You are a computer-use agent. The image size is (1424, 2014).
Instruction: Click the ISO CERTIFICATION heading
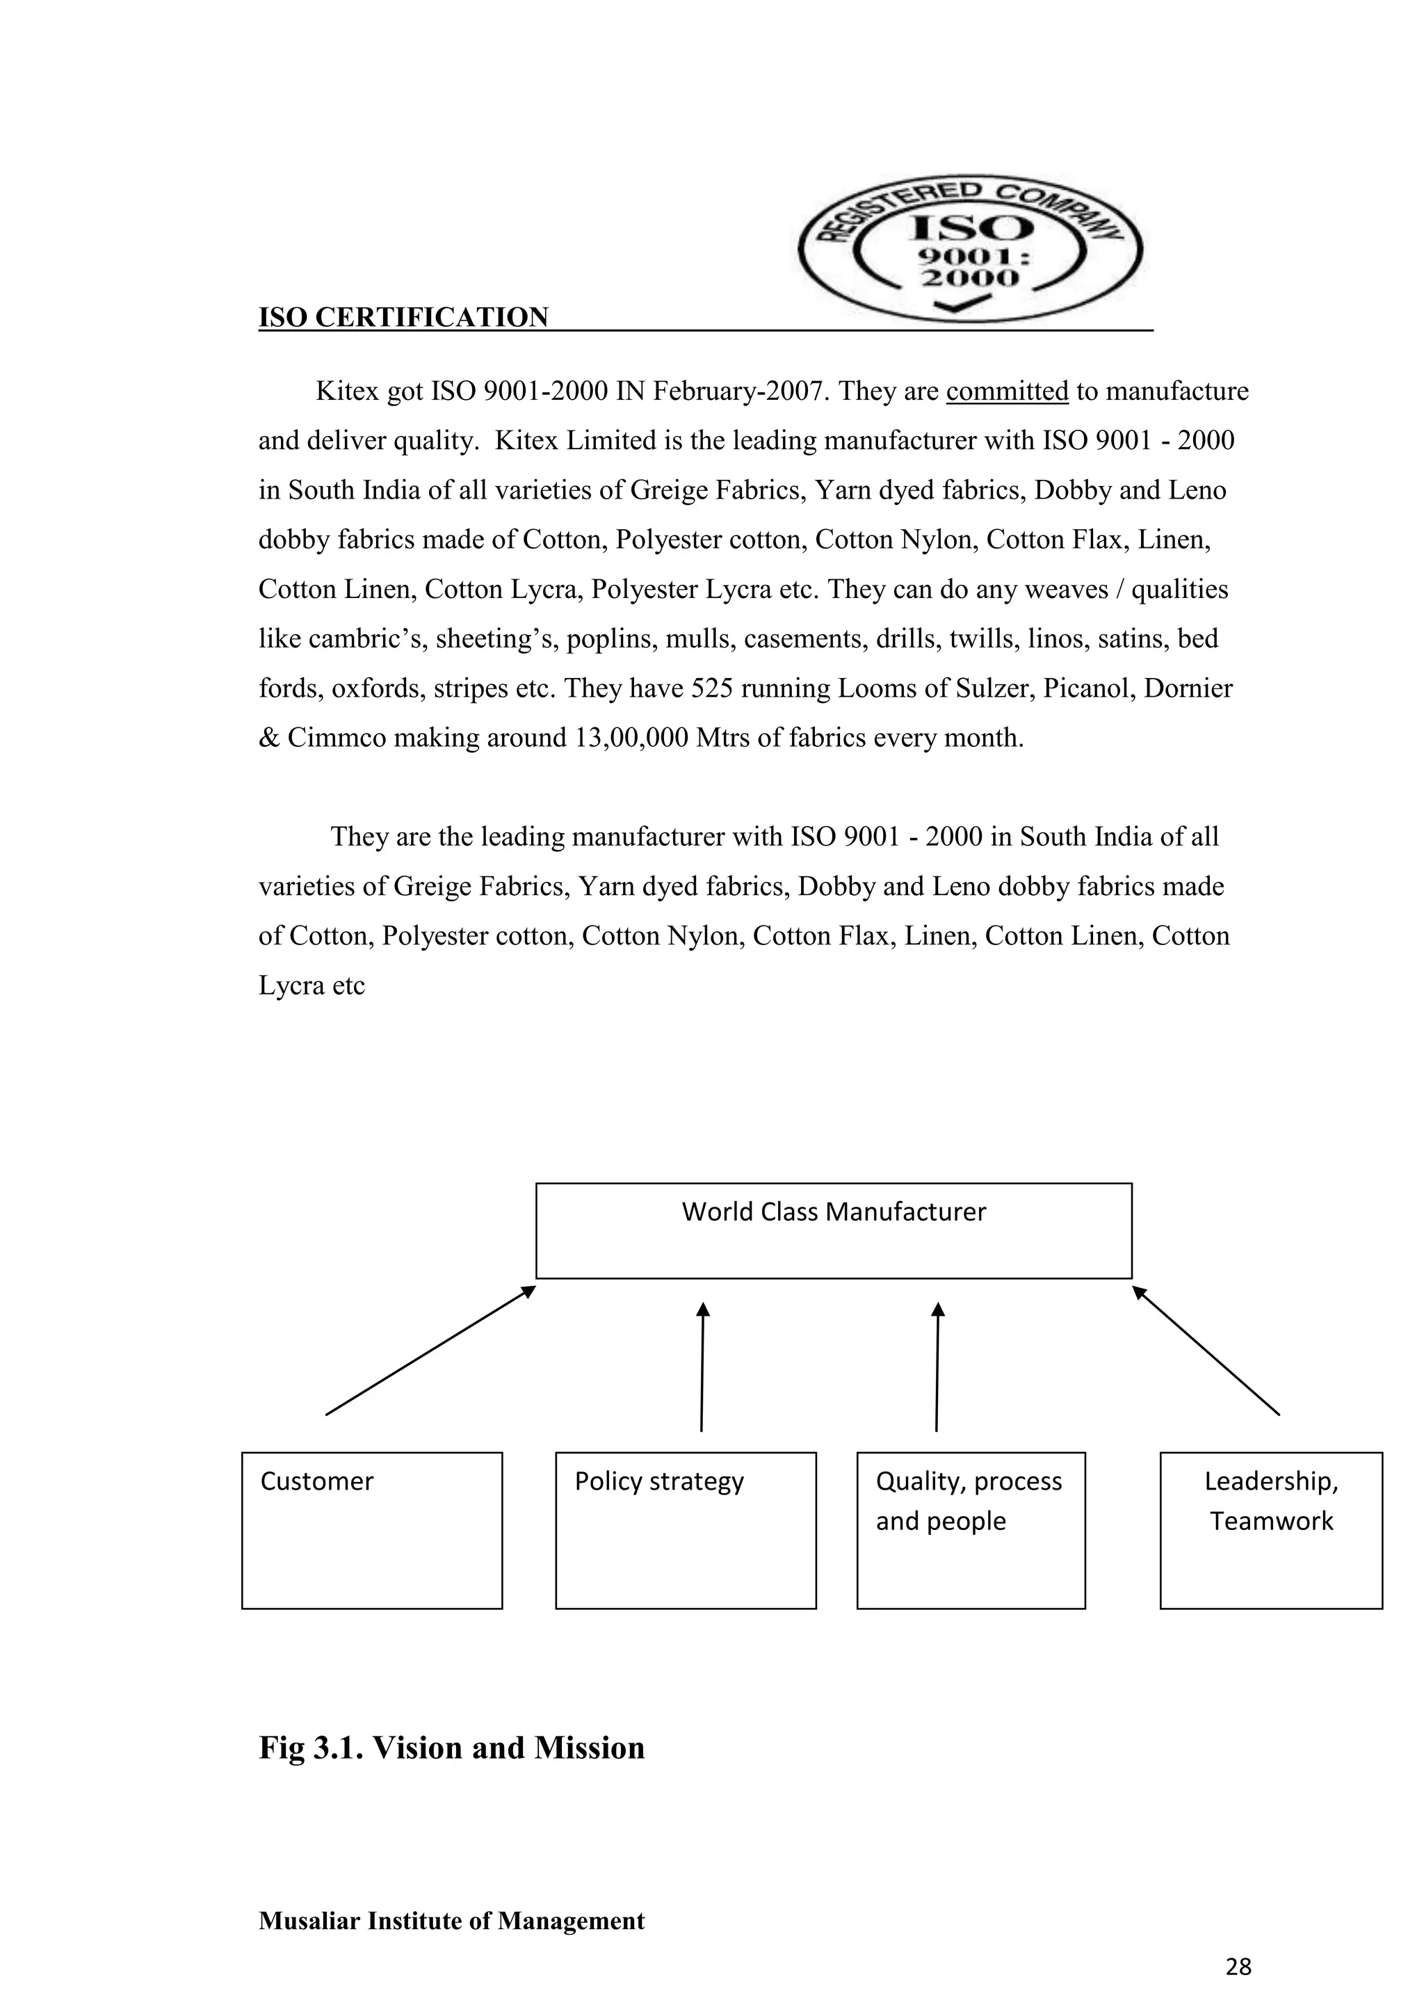403,318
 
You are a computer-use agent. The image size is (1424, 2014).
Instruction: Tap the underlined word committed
1007,392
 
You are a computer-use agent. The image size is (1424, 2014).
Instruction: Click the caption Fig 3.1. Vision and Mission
451,1748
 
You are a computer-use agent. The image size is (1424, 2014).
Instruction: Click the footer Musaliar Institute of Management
451,1921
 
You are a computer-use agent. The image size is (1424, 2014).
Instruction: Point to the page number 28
1238,1967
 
